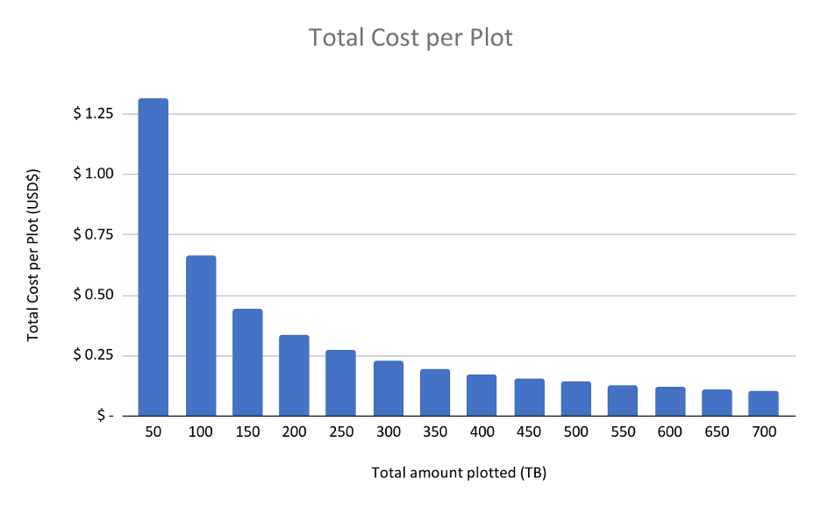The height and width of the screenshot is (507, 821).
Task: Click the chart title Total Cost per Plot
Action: click(x=410, y=39)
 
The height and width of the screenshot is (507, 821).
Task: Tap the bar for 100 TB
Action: click(x=201, y=336)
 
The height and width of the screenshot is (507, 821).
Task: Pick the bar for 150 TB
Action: click(x=247, y=362)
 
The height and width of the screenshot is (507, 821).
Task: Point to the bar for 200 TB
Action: click(x=295, y=375)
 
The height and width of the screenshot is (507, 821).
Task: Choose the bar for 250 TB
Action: click(x=341, y=383)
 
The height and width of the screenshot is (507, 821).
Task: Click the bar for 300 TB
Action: click(x=389, y=389)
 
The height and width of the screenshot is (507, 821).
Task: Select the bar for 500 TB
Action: click(x=576, y=399)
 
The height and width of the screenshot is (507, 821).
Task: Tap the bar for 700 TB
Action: click(x=764, y=403)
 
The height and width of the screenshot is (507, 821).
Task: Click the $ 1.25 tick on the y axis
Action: click(x=93, y=114)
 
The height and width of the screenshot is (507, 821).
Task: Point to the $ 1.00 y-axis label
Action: click(x=93, y=175)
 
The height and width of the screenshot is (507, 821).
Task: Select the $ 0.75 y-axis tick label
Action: click(x=93, y=235)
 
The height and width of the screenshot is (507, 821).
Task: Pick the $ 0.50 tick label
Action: click(x=93, y=296)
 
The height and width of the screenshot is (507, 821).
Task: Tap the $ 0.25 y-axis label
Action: click(x=93, y=356)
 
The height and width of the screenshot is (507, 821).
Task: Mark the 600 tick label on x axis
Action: click(x=670, y=432)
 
